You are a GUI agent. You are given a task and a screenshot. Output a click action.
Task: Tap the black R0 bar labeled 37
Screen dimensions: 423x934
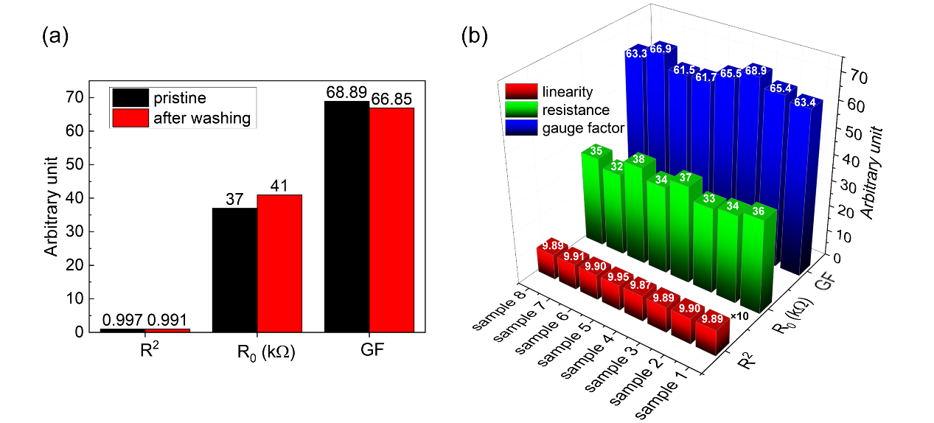coord(234,270)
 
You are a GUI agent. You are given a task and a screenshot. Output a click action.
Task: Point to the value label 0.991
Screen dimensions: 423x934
coord(168,320)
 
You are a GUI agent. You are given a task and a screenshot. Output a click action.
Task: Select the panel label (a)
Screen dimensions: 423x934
coord(55,35)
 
